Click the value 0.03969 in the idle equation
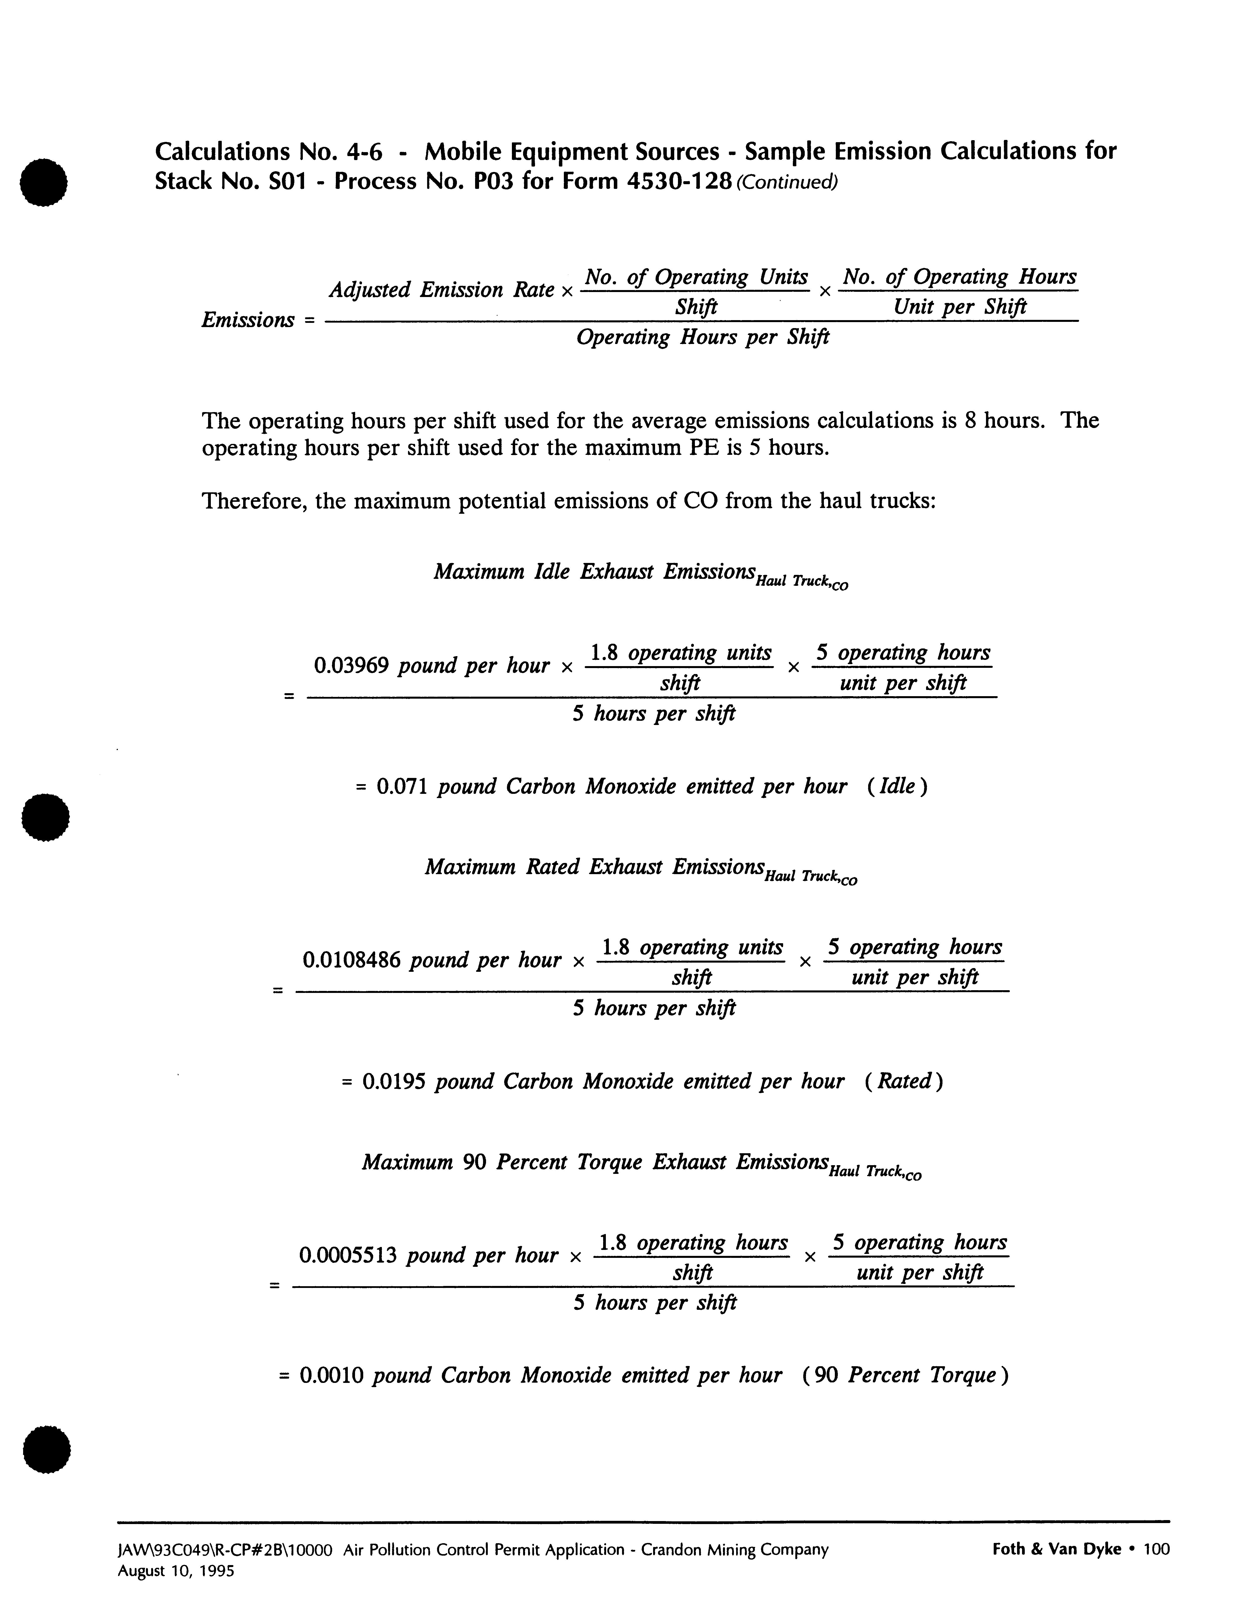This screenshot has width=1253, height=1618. [351, 665]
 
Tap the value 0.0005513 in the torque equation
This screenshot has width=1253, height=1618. [348, 1255]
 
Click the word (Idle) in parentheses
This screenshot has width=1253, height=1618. [896, 786]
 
